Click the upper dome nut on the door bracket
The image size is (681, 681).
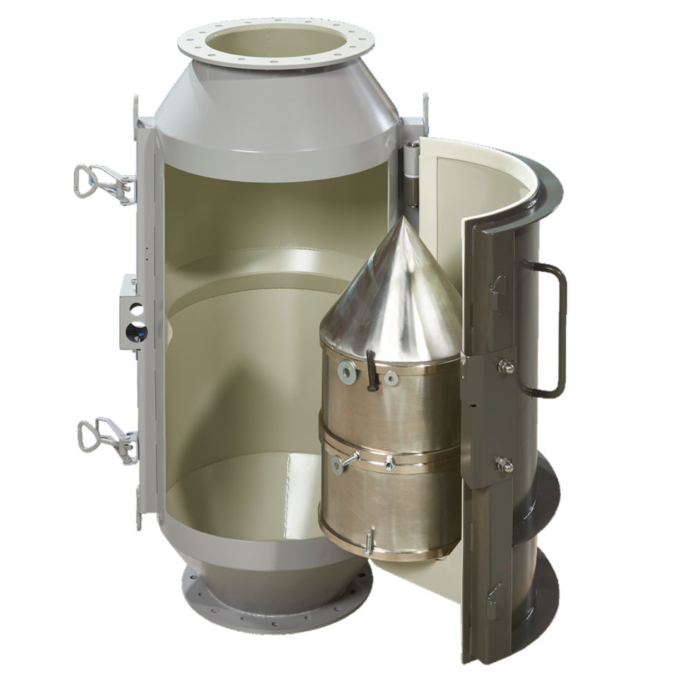(x=505, y=366)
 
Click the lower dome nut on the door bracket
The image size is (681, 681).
(x=505, y=465)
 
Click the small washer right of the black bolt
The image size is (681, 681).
(x=392, y=378)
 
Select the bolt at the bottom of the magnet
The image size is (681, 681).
(x=369, y=543)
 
